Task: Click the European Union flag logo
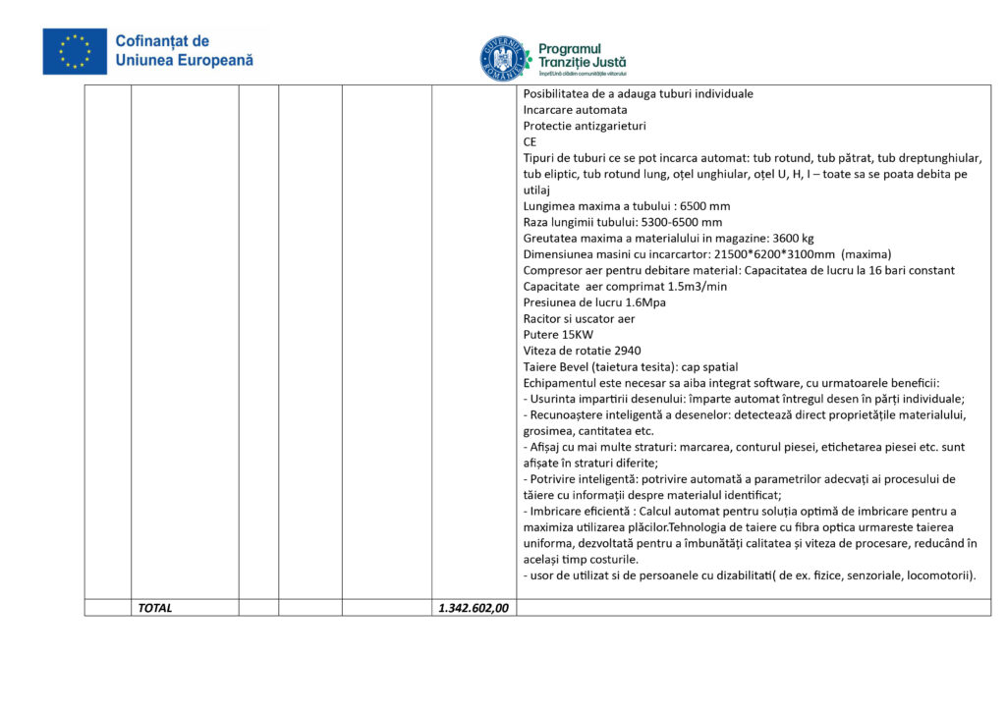pyautogui.click(x=75, y=51)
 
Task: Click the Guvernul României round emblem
pyautogui.click(x=503, y=59)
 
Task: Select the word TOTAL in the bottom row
pyautogui.click(x=155, y=608)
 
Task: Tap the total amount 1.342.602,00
pyautogui.click(x=474, y=608)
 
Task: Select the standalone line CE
pyautogui.click(x=530, y=142)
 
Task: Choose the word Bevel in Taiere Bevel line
pyautogui.click(x=577, y=366)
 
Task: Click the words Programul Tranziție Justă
pyautogui.click(x=583, y=55)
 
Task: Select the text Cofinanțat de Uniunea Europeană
pyautogui.click(x=184, y=51)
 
